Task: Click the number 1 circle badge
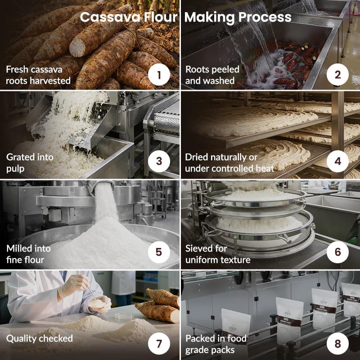pos(159,75)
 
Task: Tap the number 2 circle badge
pos(337,75)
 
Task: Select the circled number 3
pos(159,162)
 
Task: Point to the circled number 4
pos(337,162)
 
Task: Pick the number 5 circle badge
pos(159,252)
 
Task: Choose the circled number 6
pos(337,252)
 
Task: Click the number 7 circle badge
pos(159,343)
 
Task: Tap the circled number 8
pos(337,343)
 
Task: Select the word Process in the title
pos(265,17)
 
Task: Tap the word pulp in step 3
pos(15,169)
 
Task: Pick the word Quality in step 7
pos(21,339)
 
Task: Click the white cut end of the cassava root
pos(77,48)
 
